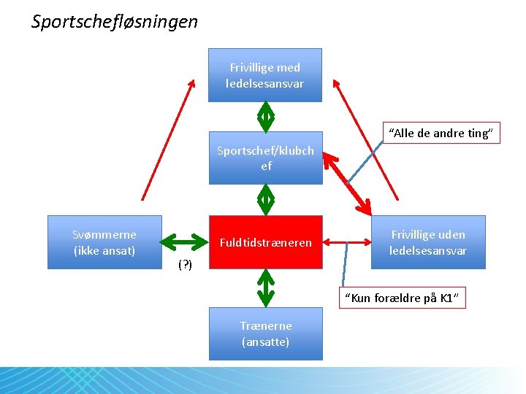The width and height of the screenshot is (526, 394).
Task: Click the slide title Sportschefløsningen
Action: [115, 22]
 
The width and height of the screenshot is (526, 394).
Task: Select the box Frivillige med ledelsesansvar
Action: [265, 75]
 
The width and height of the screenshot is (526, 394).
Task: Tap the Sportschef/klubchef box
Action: [265, 158]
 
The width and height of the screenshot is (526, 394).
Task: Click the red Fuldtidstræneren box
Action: [265, 242]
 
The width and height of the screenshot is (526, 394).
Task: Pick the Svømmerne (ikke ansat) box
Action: [104, 242]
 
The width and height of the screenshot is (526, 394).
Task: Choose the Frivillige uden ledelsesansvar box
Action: [428, 242]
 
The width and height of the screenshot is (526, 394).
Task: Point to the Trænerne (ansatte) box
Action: [265, 334]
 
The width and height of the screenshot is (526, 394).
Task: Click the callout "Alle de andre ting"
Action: [442, 133]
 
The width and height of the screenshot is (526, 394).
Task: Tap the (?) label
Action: [185, 265]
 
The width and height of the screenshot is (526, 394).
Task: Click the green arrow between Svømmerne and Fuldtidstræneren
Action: [184, 241]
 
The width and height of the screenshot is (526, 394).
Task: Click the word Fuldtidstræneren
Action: [265, 242]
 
